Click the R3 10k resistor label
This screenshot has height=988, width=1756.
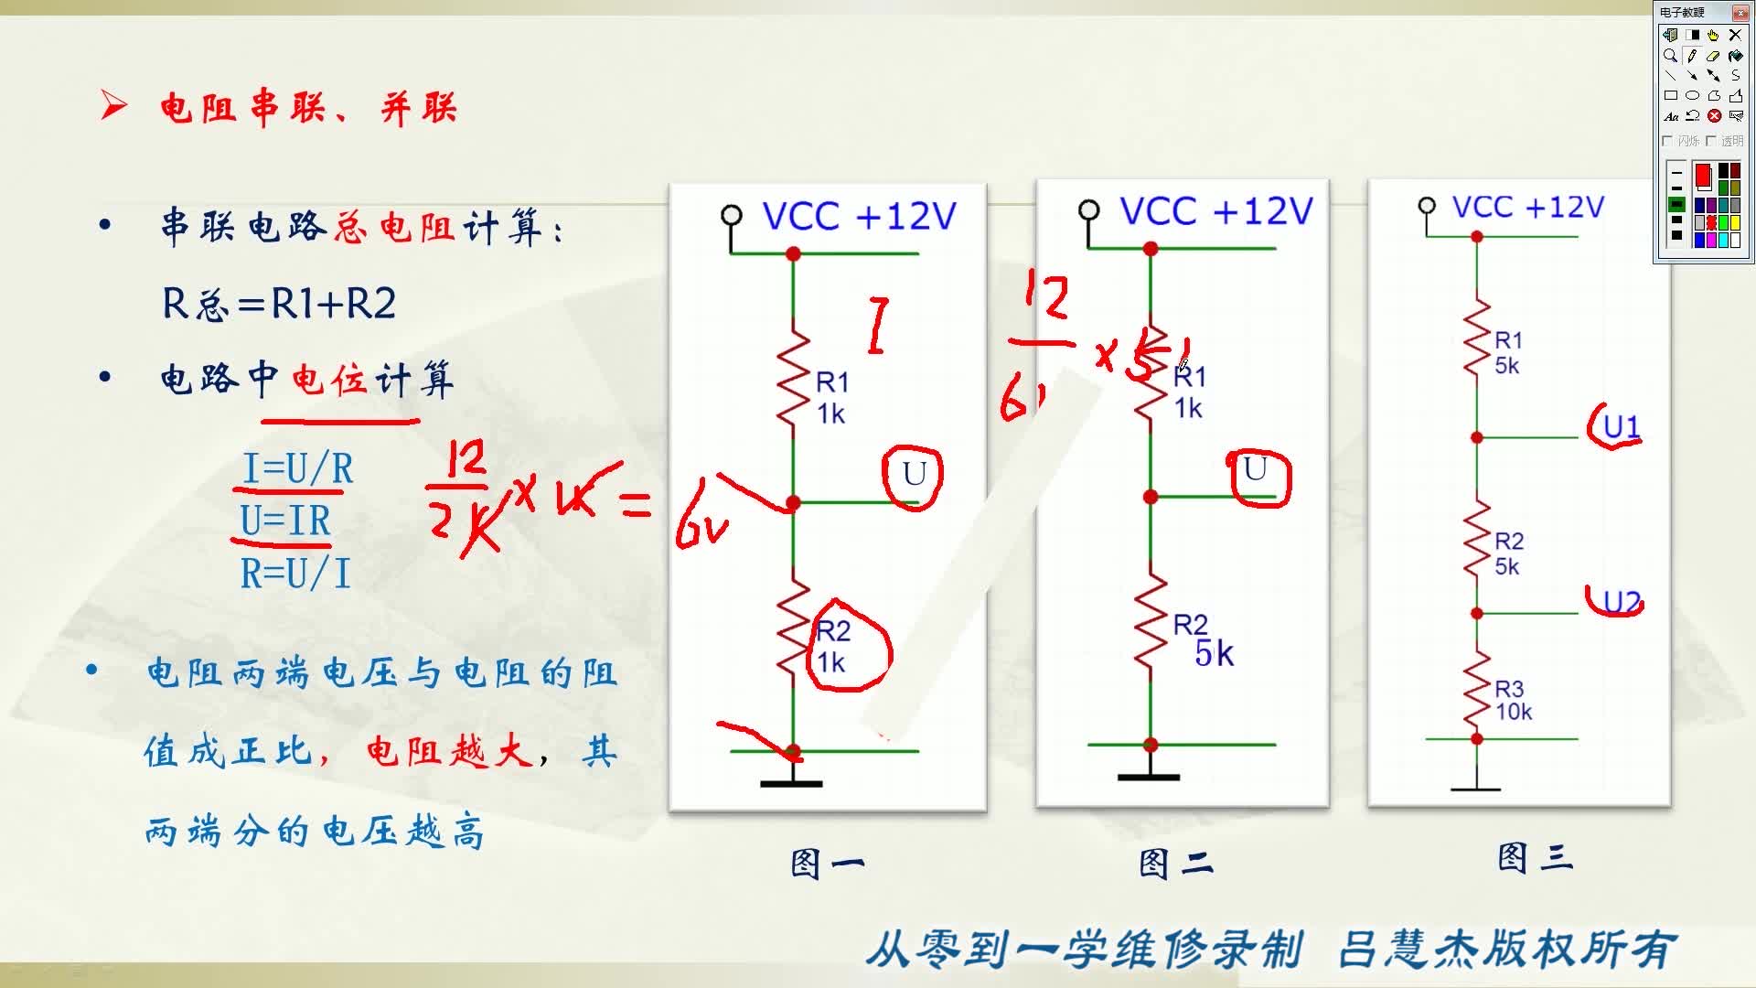1512,701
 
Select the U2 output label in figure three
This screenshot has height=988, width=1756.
1622,602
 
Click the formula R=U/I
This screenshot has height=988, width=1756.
295,575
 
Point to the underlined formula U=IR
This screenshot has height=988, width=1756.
285,521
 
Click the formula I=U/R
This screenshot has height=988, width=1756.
297,469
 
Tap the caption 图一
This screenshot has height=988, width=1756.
827,864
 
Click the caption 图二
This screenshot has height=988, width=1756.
1175,863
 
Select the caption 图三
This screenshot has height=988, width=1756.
1534,858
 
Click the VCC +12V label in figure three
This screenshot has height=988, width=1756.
1527,208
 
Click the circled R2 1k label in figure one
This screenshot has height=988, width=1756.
834,647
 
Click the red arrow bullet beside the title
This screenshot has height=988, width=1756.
113,106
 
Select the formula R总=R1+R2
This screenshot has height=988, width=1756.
279,304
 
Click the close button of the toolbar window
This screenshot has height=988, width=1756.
1740,13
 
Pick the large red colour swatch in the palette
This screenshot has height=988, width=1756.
1703,175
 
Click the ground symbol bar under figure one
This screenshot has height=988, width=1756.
792,783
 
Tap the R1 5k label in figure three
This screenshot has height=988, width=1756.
1507,353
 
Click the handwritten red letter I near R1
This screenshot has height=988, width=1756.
878,325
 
